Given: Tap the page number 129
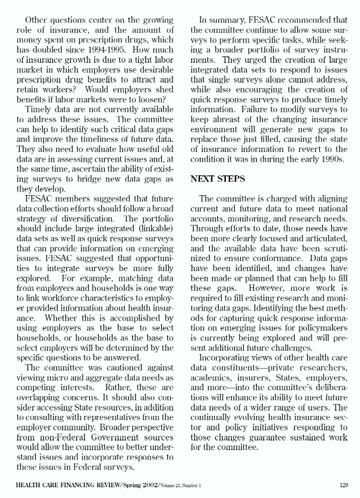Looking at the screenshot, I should pos(343,485).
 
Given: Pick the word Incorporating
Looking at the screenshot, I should pos(228,354).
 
